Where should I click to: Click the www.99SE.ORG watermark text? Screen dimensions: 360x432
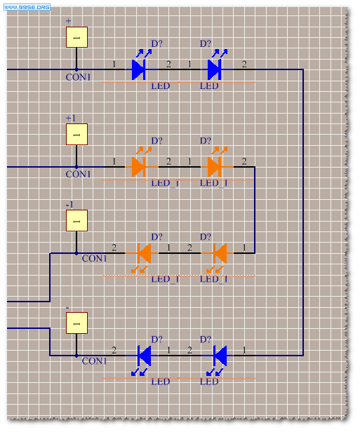27,7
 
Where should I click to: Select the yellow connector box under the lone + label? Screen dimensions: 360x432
76,37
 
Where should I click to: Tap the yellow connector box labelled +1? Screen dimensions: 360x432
76,134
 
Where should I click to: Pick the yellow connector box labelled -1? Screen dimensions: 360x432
76,221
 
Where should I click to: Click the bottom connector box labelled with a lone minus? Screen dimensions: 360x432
76,323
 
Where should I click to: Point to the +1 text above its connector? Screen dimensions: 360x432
71,119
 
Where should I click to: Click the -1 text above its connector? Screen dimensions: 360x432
69,205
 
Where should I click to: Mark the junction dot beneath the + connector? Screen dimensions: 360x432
76,69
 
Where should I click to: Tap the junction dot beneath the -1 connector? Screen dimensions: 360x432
76,253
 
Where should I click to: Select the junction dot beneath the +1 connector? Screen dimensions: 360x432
76,167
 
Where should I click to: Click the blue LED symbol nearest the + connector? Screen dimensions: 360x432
139,66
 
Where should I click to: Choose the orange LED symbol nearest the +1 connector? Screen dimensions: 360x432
139,163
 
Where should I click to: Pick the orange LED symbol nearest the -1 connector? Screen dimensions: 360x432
144,257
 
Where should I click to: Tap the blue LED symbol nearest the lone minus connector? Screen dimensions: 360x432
144,359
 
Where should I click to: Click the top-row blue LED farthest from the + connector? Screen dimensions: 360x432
215,66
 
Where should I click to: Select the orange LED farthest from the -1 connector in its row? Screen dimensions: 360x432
220,257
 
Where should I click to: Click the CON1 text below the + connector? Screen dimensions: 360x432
78,77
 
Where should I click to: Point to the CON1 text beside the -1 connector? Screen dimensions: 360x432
94,258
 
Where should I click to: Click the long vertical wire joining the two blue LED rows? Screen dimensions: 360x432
303,212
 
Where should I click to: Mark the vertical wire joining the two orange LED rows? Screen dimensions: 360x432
255,210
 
